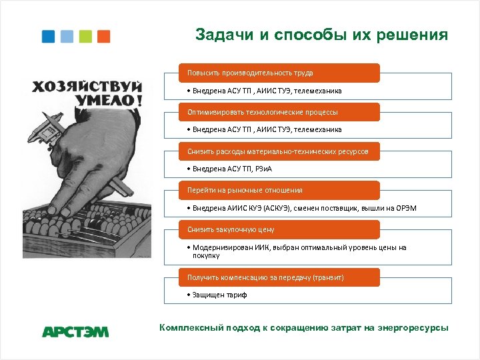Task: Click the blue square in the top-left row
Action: [49, 36]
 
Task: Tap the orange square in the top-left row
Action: [103, 36]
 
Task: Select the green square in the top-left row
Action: [85, 36]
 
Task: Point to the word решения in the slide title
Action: [411, 35]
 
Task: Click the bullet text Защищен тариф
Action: [219, 295]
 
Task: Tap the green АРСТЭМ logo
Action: [75, 331]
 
